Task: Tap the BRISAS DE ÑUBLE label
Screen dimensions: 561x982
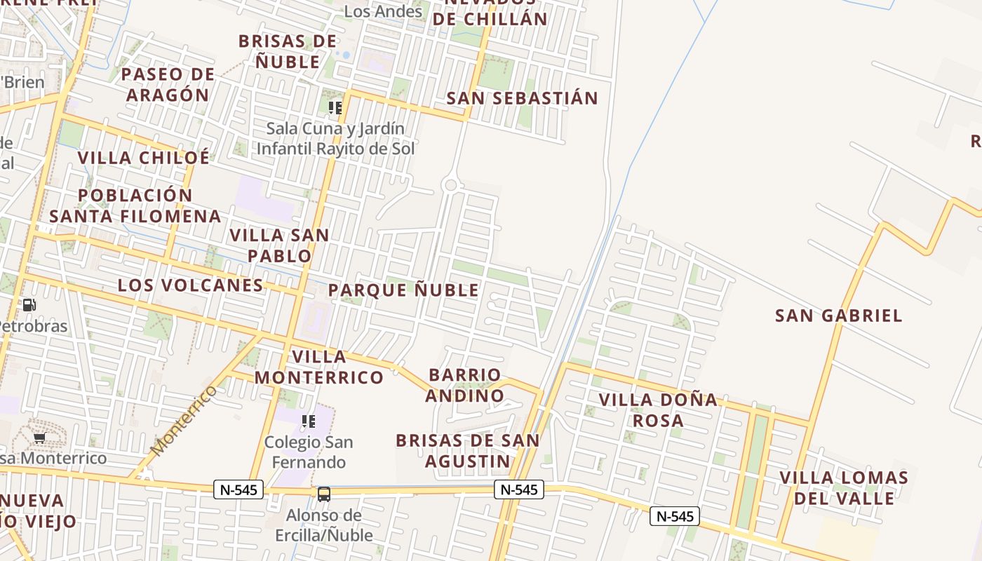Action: pos(288,51)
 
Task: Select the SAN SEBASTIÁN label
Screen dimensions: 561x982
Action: pos(523,98)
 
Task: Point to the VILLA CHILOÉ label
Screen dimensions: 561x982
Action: pos(144,157)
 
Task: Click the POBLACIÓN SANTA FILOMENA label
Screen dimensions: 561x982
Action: pos(135,205)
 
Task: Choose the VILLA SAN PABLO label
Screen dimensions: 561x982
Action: pos(279,245)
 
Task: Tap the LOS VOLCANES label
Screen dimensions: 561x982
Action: pos(190,285)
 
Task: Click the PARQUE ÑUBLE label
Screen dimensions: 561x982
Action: pos(403,290)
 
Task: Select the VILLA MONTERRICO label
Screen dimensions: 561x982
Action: pos(319,367)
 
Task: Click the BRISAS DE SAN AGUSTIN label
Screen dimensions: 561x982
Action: pos(468,451)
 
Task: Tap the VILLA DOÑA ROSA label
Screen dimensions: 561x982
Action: pos(658,410)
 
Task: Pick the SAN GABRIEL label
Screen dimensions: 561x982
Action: pos(838,316)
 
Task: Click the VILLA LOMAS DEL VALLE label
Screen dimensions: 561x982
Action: pos(844,488)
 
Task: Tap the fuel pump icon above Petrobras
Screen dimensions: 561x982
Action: pos(29,305)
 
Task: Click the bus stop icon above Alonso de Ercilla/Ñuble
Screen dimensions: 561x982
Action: pos(323,494)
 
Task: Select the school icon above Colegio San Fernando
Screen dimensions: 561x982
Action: pos(308,421)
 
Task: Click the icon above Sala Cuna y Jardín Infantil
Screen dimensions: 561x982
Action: pos(335,107)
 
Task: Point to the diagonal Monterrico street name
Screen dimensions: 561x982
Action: pos(184,419)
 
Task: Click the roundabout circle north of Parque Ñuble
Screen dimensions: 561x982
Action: pos(451,186)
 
